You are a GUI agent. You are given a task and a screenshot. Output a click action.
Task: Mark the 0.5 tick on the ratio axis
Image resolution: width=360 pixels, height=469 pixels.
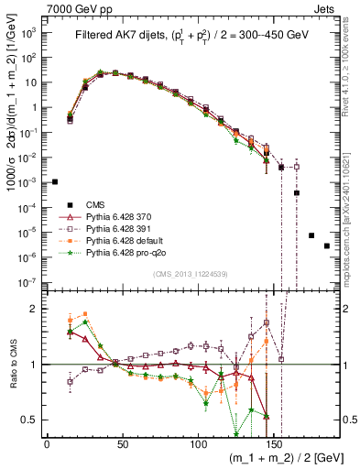(30, 420)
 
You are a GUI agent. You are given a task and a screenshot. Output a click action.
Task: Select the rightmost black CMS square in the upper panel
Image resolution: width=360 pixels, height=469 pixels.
(327, 271)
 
